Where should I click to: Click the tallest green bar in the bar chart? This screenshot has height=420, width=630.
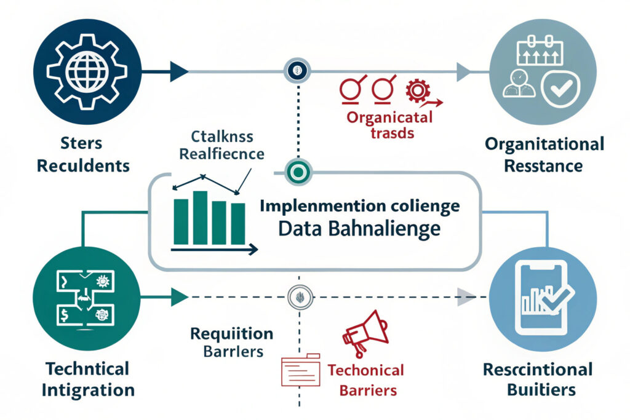point(199,218)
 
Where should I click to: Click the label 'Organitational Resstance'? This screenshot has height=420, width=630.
point(544,155)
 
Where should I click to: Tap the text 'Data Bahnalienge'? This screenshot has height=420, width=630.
point(359,229)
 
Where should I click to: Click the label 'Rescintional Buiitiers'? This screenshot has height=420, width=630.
point(537,379)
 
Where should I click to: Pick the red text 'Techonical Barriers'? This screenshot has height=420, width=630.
point(365,380)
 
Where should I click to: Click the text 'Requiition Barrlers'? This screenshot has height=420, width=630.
point(231,343)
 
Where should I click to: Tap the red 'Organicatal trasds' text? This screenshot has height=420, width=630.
point(388,124)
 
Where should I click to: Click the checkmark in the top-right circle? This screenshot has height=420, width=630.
point(561,89)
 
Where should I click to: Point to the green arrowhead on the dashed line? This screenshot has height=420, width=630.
point(179,298)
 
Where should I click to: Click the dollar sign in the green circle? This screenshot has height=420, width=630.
point(63,316)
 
